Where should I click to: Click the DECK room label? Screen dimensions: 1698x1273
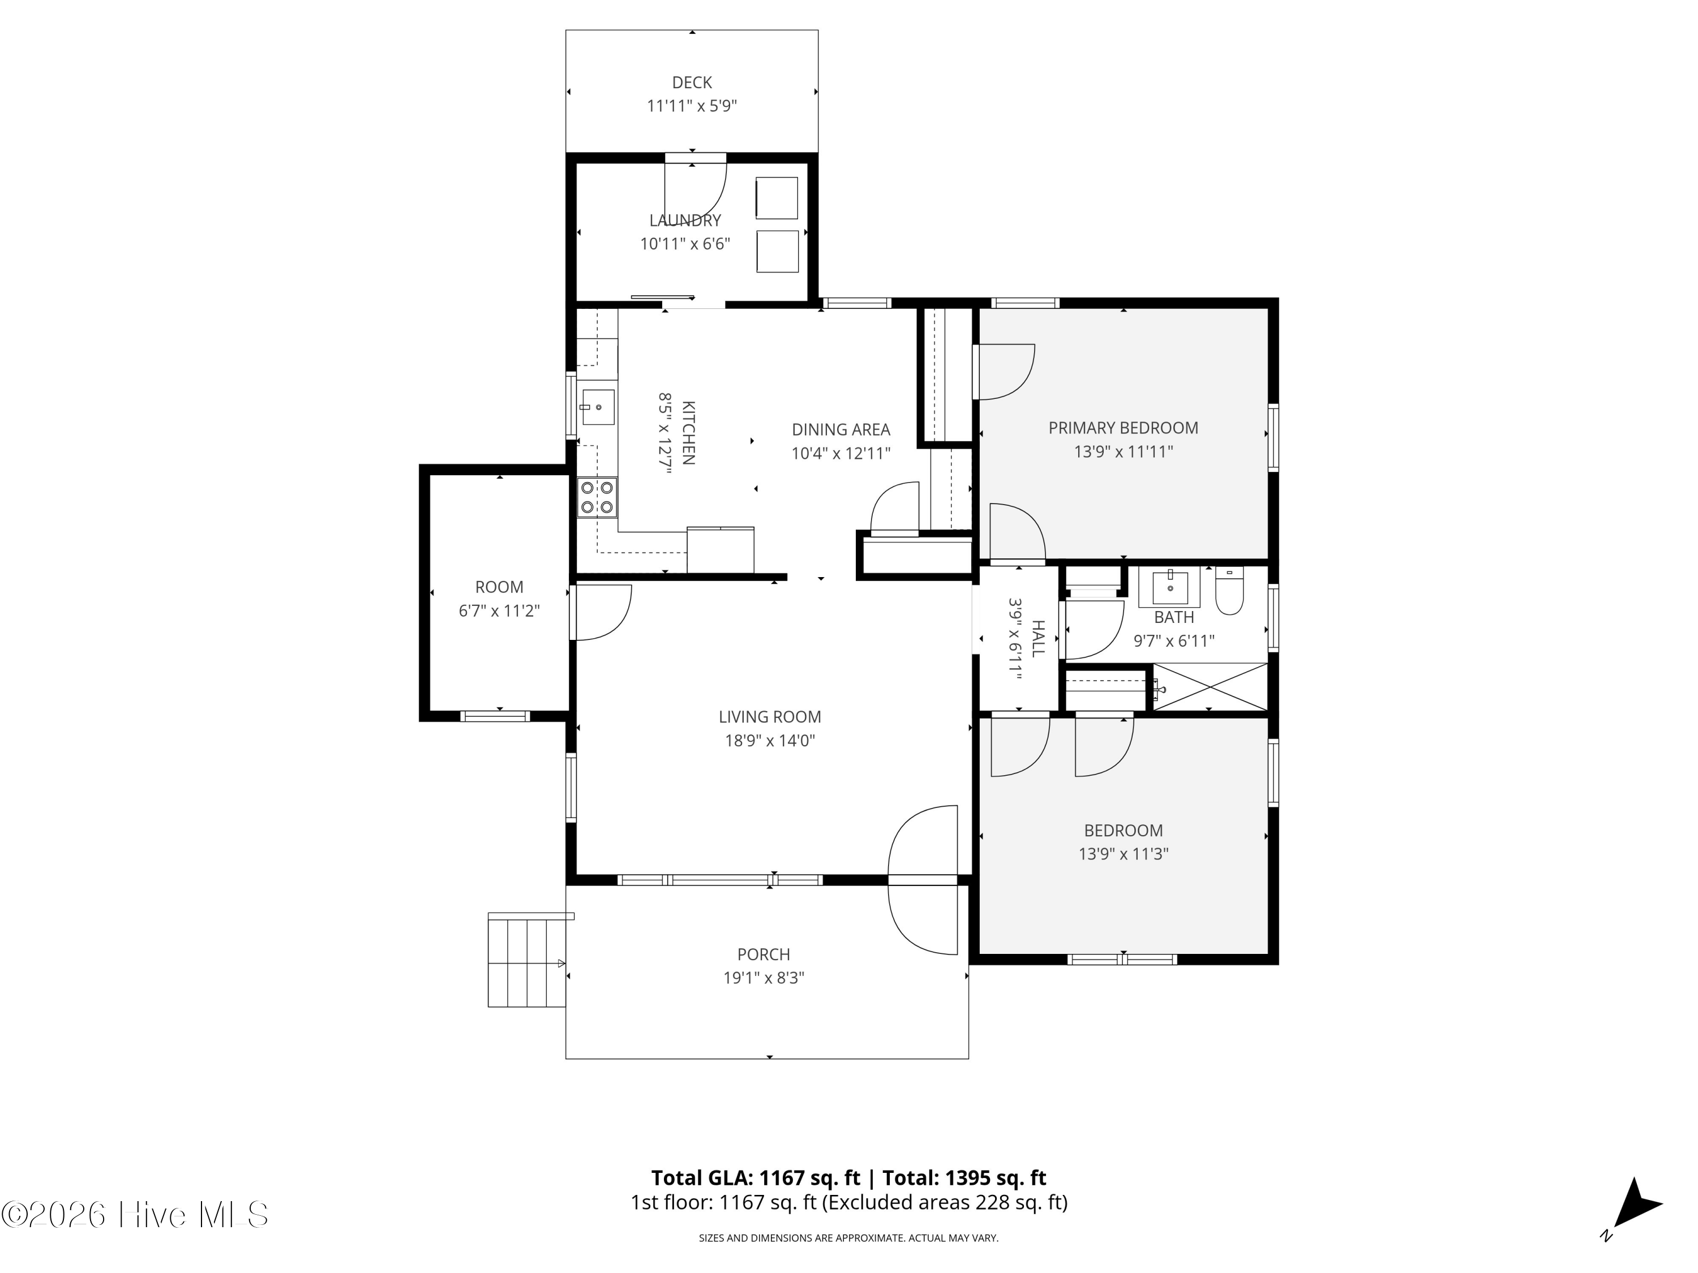click(692, 82)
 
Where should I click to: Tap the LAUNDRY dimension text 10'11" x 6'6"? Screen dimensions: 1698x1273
click(685, 244)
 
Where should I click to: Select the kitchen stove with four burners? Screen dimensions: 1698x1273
click(597, 497)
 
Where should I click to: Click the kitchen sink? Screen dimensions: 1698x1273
click(597, 407)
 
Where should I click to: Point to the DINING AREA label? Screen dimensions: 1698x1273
click(841, 429)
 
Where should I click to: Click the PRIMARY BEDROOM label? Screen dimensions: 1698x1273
click(1123, 428)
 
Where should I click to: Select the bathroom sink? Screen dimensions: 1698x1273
click(1170, 588)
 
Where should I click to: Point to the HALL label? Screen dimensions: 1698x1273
click(1038, 638)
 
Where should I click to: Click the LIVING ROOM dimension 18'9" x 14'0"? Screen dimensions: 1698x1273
click(770, 741)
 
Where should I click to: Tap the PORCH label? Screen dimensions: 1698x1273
click(763, 954)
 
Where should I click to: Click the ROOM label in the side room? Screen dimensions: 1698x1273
click(499, 587)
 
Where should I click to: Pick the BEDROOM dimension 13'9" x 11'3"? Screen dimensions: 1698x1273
click(1123, 853)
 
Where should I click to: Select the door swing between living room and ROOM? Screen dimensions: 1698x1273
click(601, 612)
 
